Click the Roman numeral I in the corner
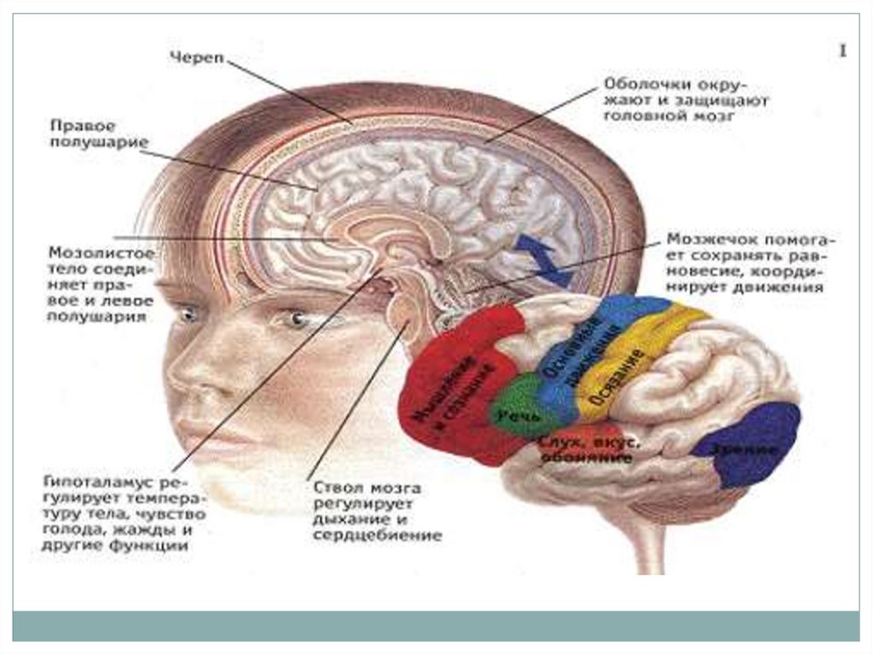(x=842, y=52)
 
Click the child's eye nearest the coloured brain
(x=294, y=320)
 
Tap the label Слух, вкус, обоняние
(x=586, y=449)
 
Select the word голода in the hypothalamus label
(x=68, y=531)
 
